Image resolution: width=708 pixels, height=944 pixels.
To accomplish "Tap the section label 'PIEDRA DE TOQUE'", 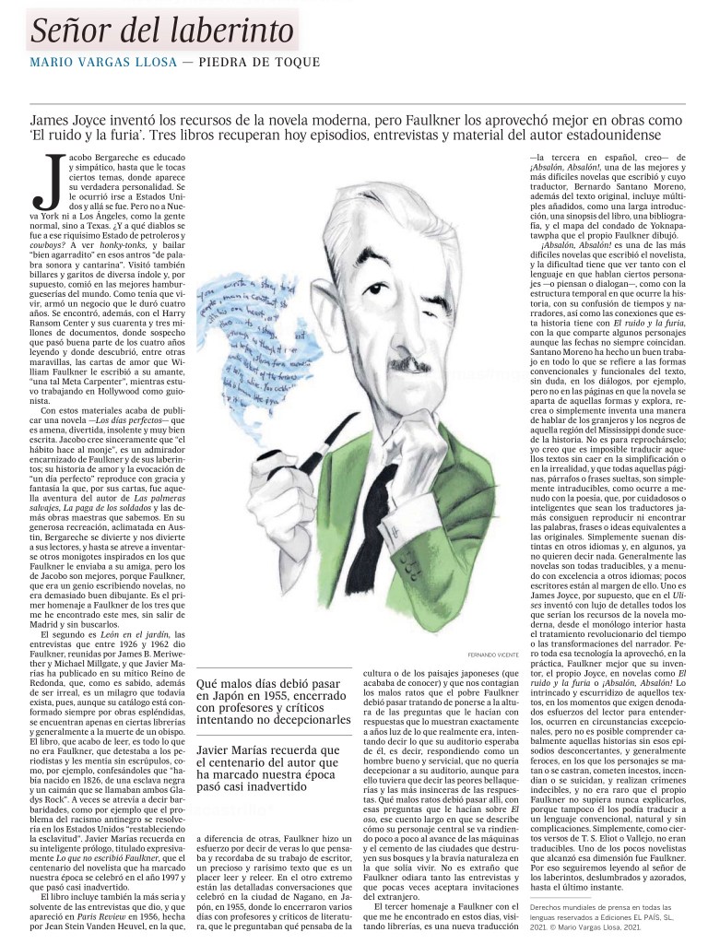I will tap(264, 63).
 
